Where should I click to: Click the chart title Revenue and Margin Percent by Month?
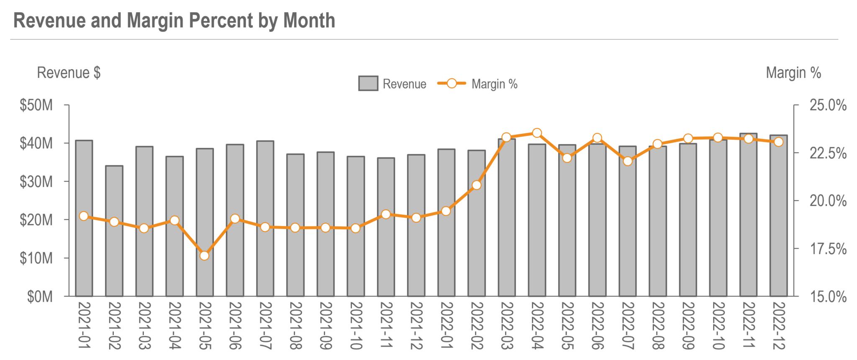click(x=174, y=21)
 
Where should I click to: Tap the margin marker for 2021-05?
click(x=204, y=255)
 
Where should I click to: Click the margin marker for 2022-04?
click(x=537, y=133)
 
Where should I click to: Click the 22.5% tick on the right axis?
click(x=828, y=153)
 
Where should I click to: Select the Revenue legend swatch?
click(x=368, y=83)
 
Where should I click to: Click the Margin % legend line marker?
click(x=452, y=83)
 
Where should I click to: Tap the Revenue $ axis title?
click(x=69, y=73)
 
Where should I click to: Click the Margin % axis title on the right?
click(x=793, y=73)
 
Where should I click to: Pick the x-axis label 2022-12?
click(x=779, y=326)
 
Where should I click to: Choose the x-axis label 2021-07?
click(x=265, y=326)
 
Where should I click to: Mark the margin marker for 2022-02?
click(x=476, y=185)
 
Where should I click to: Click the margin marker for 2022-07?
click(x=627, y=161)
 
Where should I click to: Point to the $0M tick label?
click(x=40, y=297)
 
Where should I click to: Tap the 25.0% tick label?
click(x=828, y=105)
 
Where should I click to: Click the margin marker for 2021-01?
click(x=84, y=216)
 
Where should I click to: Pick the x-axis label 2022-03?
click(x=507, y=326)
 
